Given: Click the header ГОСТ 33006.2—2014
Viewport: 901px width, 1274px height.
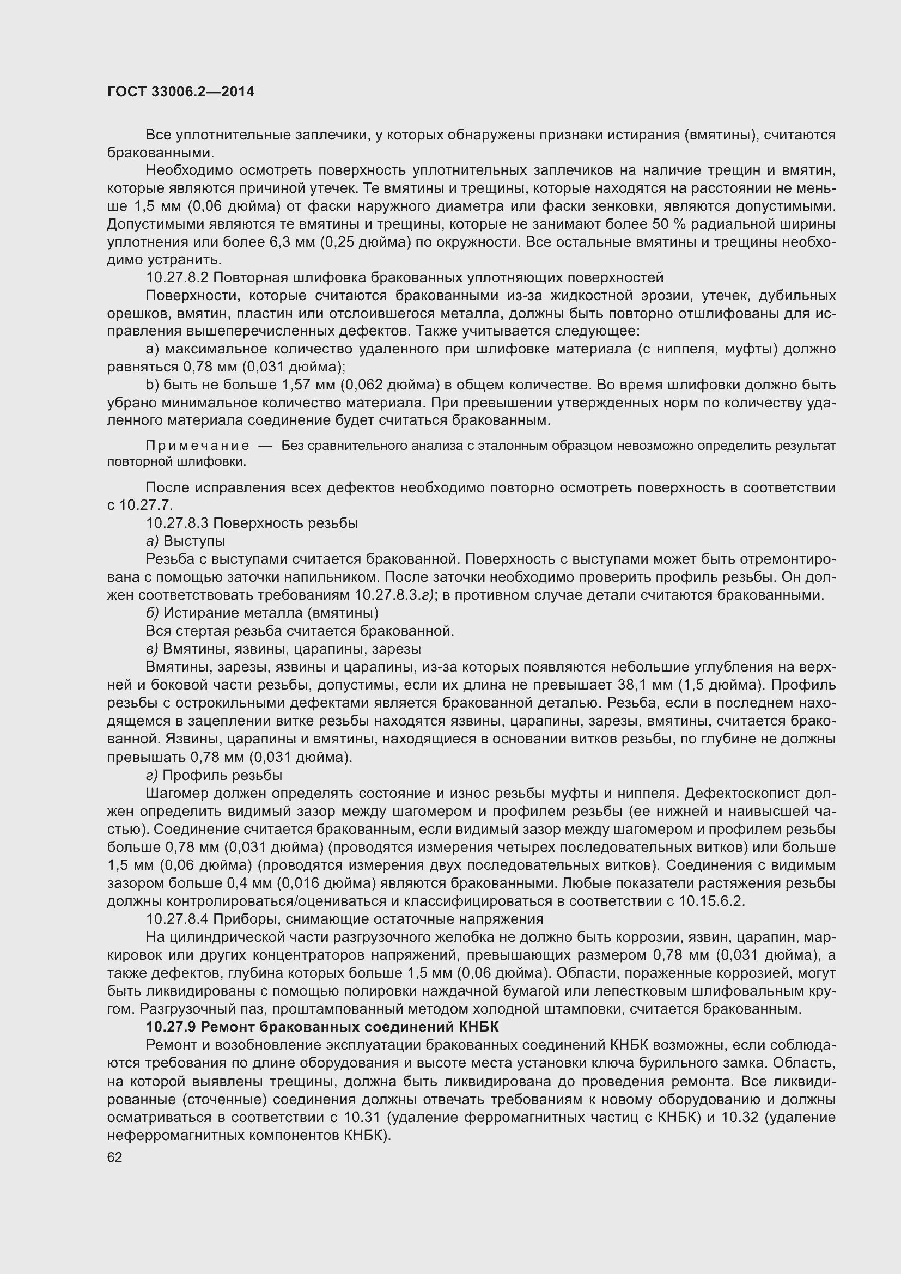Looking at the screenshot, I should pyautogui.click(x=181, y=92).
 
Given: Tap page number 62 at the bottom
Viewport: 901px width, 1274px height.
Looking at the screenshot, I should pyautogui.click(x=114, y=1156).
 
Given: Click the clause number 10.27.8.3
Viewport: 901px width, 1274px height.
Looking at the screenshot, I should pyautogui.click(x=177, y=523).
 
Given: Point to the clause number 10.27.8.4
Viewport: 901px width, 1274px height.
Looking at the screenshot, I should pyautogui.click(x=177, y=919).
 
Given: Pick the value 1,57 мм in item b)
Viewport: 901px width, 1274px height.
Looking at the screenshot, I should pyautogui.click(x=309, y=385).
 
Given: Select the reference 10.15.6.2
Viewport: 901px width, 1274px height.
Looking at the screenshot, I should pyautogui.click(x=711, y=900).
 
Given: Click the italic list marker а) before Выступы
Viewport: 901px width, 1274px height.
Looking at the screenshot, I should pyautogui.click(x=152, y=540).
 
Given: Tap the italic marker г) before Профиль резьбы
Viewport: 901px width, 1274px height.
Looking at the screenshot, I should pyautogui.click(x=152, y=775).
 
